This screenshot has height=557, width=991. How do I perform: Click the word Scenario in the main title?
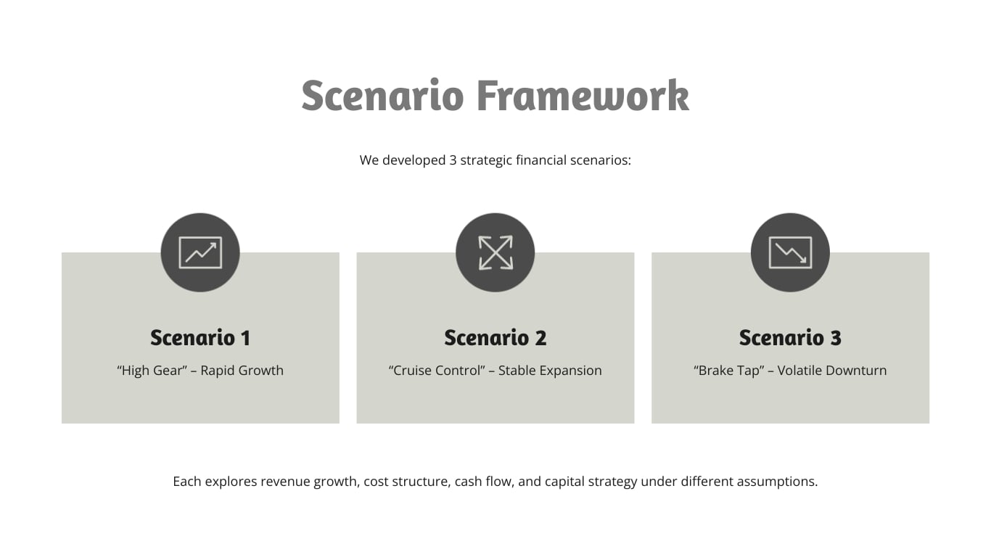pyautogui.click(x=382, y=96)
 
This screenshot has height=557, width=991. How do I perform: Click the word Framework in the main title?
pyautogui.click(x=582, y=96)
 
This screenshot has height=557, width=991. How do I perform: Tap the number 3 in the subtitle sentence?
pyautogui.click(x=453, y=160)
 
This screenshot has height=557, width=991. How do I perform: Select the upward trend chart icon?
pyautogui.click(x=200, y=252)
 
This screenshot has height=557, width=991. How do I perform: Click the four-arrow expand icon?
pyautogui.click(x=495, y=252)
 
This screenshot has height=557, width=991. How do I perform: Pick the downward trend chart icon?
pyautogui.click(x=790, y=252)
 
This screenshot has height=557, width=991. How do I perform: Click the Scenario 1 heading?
pyautogui.click(x=200, y=338)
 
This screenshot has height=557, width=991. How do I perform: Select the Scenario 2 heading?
pyautogui.click(x=495, y=338)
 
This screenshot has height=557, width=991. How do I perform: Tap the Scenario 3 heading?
pyautogui.click(x=790, y=338)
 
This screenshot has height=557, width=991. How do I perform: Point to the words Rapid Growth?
pyautogui.click(x=242, y=371)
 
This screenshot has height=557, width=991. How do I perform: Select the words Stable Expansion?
pyautogui.click(x=550, y=371)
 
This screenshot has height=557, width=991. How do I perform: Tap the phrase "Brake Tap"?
pyautogui.click(x=730, y=371)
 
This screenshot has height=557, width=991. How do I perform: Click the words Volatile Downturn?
pyautogui.click(x=831, y=371)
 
